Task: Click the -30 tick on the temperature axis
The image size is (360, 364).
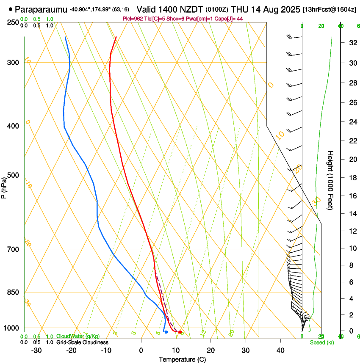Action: [36, 350]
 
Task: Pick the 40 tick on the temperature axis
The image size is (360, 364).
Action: [280, 350]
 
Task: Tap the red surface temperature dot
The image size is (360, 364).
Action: [180, 332]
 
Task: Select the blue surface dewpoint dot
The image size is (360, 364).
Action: [166, 332]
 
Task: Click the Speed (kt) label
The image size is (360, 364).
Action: [322, 342]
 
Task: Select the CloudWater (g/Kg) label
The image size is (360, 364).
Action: [78, 336]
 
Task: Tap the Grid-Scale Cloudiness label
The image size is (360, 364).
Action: [82, 342]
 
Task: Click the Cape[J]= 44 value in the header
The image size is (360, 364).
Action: [231, 19]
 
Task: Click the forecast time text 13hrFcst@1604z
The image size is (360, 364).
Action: [330, 9]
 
